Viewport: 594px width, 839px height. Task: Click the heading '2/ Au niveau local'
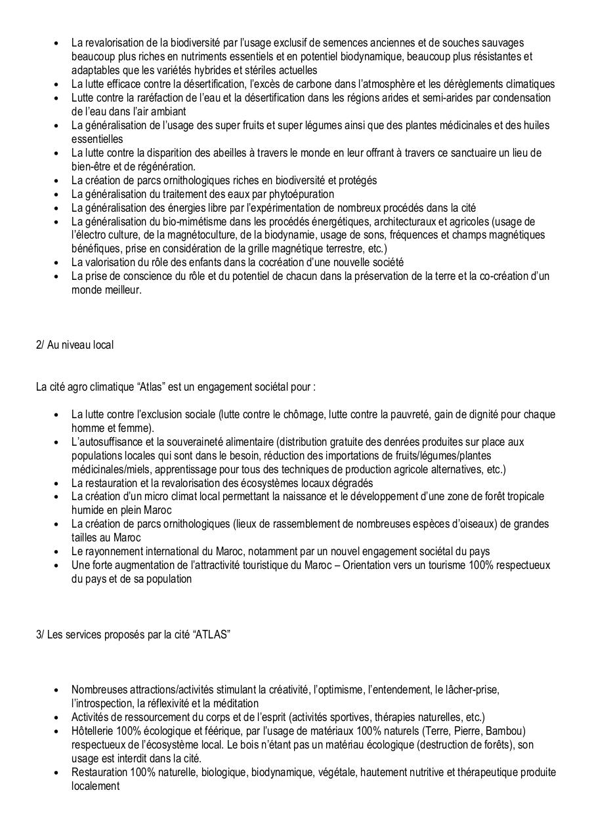pos(74,345)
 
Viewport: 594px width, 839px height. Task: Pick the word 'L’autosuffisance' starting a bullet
pos(107,442)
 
